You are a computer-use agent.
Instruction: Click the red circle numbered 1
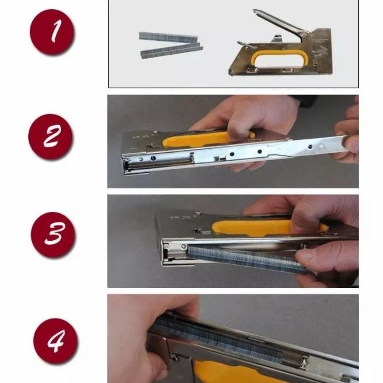52,32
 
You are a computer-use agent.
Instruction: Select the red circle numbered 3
53,234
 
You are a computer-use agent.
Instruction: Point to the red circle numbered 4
56,340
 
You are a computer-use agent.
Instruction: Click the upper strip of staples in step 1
168,37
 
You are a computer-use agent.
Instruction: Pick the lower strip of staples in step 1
172,51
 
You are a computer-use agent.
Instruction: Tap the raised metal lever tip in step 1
256,12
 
